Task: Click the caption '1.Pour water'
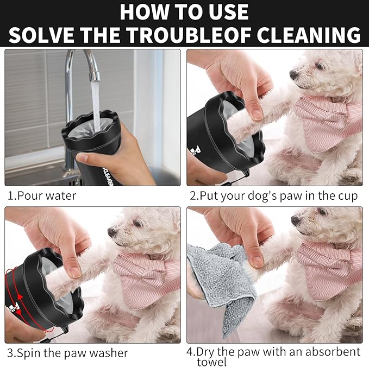coord(42,195)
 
